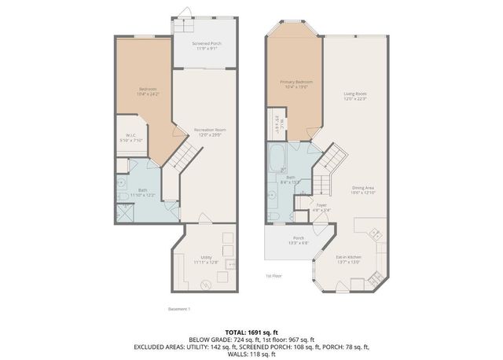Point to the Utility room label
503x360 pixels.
pos(206,259)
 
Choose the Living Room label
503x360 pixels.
pos(355,96)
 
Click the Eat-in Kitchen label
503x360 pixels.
pos(348,259)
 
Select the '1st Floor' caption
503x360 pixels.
pos(274,277)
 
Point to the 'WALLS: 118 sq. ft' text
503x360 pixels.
pos(251,352)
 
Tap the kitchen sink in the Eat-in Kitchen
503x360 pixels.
pos(374,233)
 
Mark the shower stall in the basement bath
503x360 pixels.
pos(126,213)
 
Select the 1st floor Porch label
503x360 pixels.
pos(299,241)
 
